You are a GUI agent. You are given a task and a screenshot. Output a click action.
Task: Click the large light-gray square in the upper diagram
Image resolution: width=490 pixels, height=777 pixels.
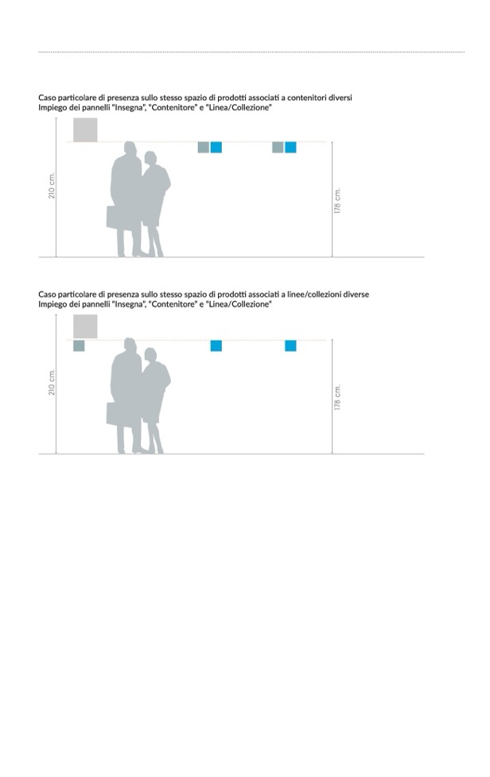pos(85,129)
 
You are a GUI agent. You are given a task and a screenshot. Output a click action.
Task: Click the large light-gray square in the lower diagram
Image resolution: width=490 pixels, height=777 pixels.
pos(85,327)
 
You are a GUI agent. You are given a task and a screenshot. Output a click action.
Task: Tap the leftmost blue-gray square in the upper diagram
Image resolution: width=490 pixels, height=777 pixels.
pos(204,147)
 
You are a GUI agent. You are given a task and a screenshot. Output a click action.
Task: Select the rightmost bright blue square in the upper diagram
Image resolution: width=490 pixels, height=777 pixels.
pos(290,147)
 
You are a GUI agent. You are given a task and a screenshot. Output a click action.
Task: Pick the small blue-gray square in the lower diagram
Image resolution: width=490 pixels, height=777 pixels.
pos(79,346)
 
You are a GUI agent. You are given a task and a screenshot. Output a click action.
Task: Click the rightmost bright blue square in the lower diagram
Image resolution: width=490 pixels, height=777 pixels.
pos(290,346)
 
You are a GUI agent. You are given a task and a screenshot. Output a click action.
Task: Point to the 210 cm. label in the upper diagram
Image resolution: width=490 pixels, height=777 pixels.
pos(52,186)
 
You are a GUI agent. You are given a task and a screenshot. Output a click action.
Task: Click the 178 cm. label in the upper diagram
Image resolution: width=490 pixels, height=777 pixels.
pos(337,201)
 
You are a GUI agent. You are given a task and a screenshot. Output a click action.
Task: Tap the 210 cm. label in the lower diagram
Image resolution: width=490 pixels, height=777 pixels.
pos(52,382)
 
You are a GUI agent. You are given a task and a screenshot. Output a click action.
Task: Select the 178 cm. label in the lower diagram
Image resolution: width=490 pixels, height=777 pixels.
pos(337,397)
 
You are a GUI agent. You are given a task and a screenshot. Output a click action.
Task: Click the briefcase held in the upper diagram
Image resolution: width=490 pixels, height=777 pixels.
pos(114,217)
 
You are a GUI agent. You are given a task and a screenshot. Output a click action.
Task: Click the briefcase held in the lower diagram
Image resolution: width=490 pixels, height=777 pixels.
pos(114,414)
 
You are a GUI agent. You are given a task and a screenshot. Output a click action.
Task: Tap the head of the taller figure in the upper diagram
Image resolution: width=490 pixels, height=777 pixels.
pos(130,149)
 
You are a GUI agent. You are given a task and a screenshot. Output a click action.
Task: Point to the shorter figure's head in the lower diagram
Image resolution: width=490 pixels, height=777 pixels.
pos(150,355)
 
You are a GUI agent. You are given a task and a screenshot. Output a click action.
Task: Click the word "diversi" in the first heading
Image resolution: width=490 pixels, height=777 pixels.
pos(340,98)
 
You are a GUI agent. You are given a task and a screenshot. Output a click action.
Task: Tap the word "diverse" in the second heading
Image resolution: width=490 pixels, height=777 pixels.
pos(356,294)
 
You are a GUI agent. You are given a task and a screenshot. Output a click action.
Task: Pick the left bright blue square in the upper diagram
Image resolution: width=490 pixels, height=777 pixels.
pos(216,147)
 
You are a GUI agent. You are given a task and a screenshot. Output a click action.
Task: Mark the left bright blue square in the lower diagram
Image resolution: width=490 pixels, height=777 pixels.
pos(216,346)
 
